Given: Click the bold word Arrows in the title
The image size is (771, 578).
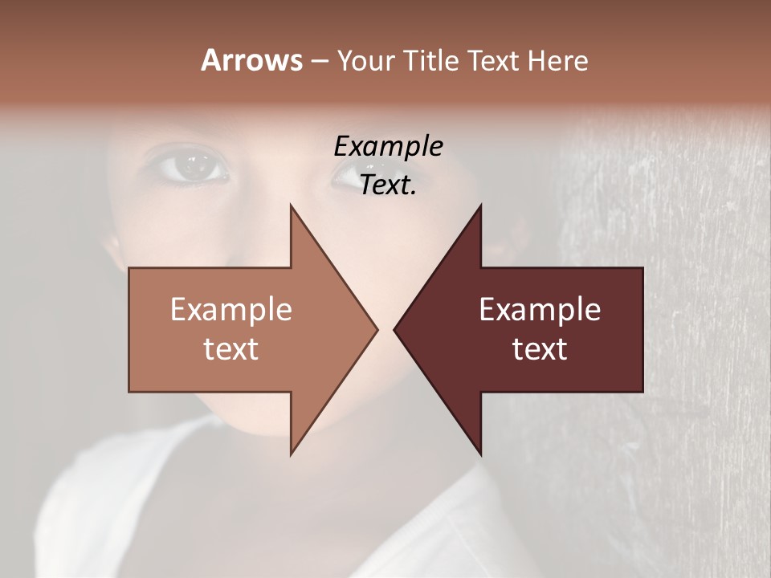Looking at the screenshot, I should coord(251,60).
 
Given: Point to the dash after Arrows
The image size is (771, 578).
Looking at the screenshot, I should coord(319,62).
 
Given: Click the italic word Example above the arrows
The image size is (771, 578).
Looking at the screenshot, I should coord(388,147).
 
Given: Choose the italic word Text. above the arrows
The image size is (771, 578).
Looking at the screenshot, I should coord(388,185).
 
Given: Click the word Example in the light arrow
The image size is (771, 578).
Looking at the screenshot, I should coord(231,309).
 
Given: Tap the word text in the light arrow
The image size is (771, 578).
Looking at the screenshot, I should coord(231,348).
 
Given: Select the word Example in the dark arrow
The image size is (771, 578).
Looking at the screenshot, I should coord(540,309).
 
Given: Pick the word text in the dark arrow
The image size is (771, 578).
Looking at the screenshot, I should coord(540,348).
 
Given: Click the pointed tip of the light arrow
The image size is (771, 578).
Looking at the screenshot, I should coord(376,329).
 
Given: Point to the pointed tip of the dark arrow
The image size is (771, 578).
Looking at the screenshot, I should coord(395,329).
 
